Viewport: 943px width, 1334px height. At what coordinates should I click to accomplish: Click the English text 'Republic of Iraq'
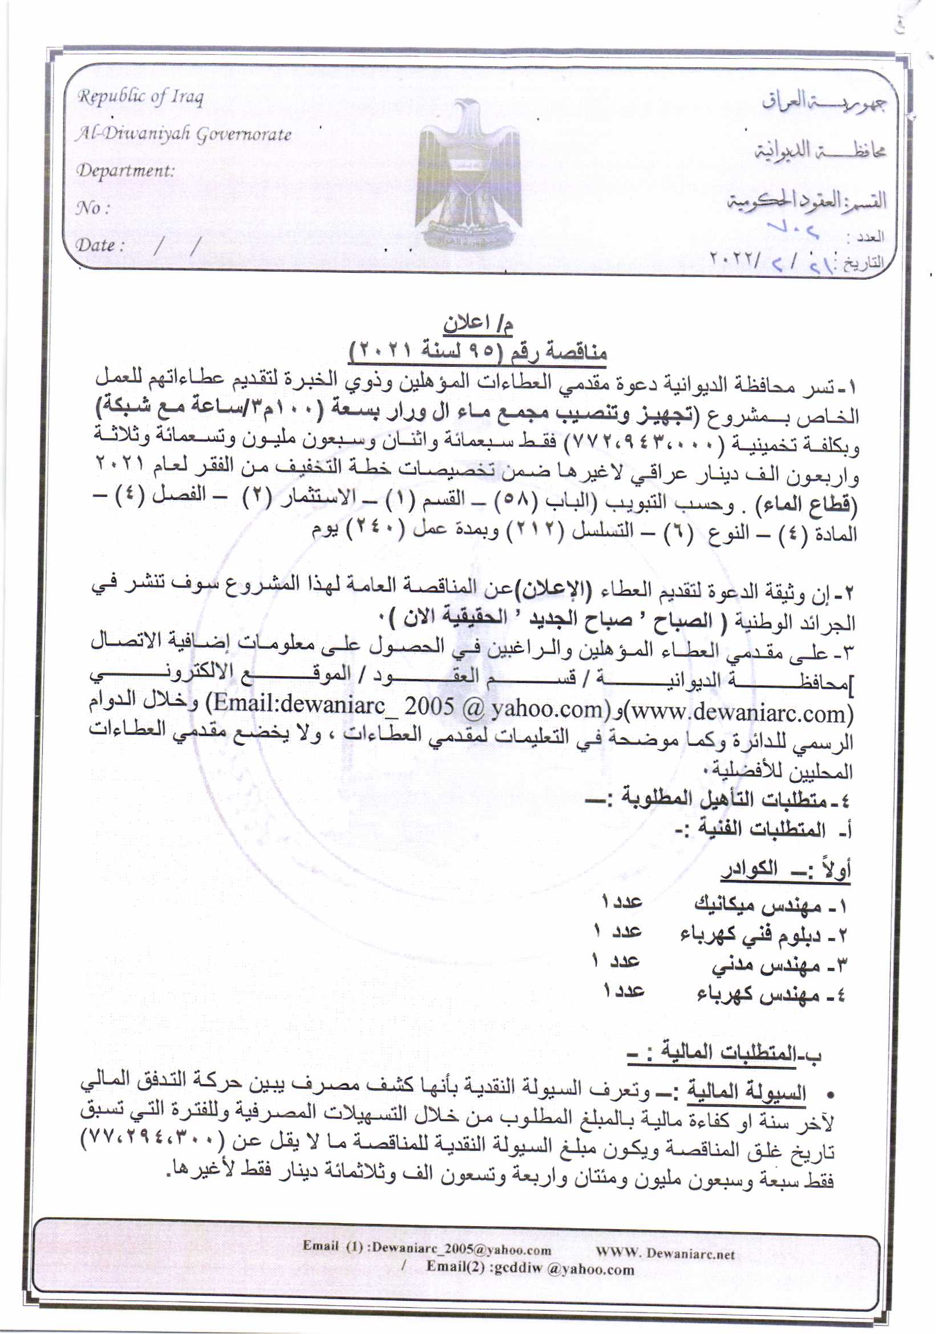140,97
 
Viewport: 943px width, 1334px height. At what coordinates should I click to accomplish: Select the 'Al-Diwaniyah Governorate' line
183,134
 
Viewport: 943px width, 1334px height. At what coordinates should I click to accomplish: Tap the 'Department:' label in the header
126,171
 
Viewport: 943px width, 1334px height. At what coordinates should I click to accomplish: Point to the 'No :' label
93,208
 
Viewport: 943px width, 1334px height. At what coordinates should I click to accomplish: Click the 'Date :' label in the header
100,245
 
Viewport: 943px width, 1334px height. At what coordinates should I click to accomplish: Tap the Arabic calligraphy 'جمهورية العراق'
824,102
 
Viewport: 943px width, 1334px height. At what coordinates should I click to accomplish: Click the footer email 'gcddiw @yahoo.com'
563,1269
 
